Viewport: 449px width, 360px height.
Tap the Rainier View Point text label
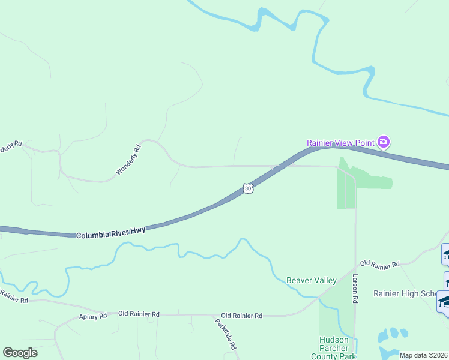340,143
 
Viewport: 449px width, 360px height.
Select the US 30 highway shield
248,188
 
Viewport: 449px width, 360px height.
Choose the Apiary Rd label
92,316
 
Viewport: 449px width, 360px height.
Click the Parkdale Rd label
225,334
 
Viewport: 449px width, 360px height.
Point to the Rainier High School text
405,293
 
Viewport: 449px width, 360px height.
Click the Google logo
20,353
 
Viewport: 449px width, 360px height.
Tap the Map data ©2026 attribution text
423,355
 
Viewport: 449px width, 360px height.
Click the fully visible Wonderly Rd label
128,160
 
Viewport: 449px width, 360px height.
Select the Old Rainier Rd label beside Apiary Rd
139,314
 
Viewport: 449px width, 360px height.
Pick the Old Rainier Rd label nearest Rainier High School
380,264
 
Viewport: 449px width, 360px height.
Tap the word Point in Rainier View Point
364,143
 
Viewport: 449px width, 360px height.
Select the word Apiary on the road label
88,316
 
